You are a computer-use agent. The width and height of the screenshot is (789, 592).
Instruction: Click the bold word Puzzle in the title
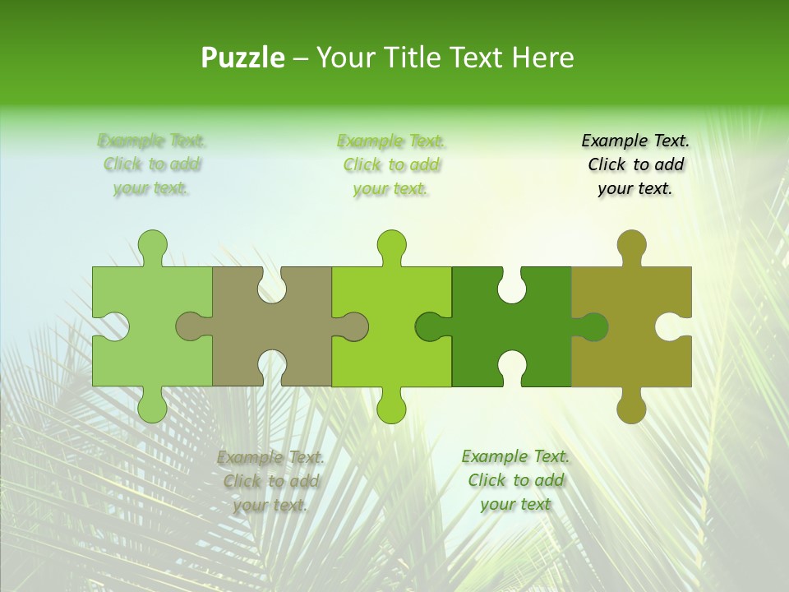[x=243, y=58]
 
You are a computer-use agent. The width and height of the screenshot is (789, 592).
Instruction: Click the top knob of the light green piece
[x=153, y=244]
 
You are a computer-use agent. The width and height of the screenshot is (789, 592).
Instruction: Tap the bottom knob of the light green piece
[x=153, y=408]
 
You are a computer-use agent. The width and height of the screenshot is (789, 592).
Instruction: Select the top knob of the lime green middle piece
[x=392, y=244]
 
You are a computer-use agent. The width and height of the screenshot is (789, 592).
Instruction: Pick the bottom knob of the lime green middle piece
[x=392, y=408]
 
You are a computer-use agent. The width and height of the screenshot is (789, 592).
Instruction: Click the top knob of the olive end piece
[x=631, y=244]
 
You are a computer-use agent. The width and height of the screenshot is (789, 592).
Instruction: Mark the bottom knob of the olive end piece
[x=631, y=408]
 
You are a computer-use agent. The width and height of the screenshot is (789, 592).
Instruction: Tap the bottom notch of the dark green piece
[x=511, y=368]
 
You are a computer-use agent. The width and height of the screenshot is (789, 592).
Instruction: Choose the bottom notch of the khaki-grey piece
[x=272, y=368]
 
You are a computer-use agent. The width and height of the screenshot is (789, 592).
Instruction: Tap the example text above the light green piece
[x=152, y=164]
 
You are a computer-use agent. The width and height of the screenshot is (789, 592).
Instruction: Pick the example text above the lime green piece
[x=391, y=164]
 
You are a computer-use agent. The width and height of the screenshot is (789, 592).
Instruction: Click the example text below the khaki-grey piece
[x=271, y=481]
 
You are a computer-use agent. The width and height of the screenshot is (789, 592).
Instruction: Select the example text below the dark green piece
[x=515, y=480]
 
